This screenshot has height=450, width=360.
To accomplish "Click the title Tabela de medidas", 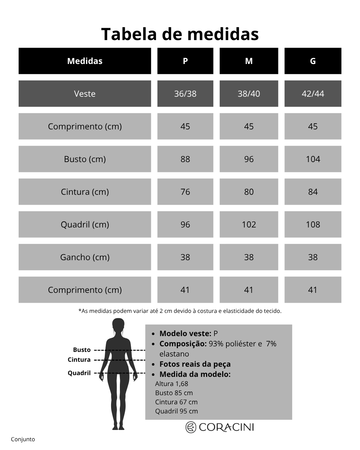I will click(180, 34).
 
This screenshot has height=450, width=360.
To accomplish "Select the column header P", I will click(185, 61).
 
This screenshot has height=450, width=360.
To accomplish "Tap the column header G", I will click(313, 61).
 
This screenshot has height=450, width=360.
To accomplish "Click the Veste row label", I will click(85, 94).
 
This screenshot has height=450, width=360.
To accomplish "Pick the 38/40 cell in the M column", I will click(249, 94).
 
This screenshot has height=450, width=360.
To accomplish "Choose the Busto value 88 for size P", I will click(185, 159).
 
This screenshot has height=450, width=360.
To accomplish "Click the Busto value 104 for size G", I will click(313, 159).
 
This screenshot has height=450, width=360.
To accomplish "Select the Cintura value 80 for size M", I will click(249, 192).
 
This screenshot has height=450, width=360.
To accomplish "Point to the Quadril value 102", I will click(249, 225).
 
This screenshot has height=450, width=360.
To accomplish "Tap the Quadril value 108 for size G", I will click(313, 225).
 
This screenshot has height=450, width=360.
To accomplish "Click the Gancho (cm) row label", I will click(85, 257).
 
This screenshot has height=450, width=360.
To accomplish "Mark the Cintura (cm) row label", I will click(85, 192).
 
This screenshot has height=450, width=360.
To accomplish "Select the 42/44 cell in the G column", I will click(313, 94).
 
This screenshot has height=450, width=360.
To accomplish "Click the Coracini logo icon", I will click(191, 427).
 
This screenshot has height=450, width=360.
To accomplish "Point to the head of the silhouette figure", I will click(118, 326).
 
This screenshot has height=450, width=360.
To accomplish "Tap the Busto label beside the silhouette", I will click(82, 350).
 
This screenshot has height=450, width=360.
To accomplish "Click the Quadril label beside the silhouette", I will click(79, 373).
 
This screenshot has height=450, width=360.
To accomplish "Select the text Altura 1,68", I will click(172, 384).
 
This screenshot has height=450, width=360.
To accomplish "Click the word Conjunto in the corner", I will click(23, 439).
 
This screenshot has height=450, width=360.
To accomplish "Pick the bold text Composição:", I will click(183, 344).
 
